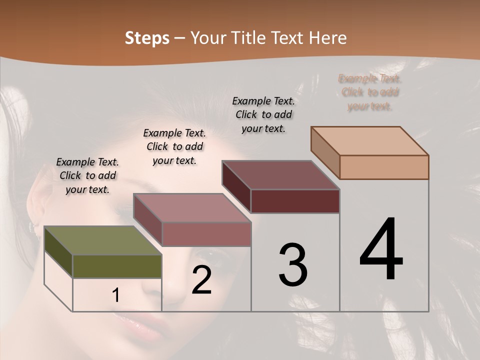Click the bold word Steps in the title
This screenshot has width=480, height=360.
point(147,38)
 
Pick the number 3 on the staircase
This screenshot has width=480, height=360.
point(293,265)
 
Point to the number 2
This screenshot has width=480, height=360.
point(201,280)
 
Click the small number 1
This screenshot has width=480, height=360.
point(116,295)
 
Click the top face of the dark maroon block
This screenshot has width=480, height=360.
point(280,175)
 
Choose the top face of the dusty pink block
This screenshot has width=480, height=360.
point(192,208)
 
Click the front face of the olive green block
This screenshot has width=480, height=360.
point(117,266)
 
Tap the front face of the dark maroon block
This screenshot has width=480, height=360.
point(295,201)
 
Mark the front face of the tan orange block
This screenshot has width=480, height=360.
point(384,167)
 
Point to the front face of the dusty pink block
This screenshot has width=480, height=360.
point(206,234)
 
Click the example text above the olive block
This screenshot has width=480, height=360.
point(87,175)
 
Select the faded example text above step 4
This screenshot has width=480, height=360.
point(370,92)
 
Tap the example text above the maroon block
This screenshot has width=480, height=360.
point(263,114)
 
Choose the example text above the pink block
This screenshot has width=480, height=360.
point(174,146)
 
